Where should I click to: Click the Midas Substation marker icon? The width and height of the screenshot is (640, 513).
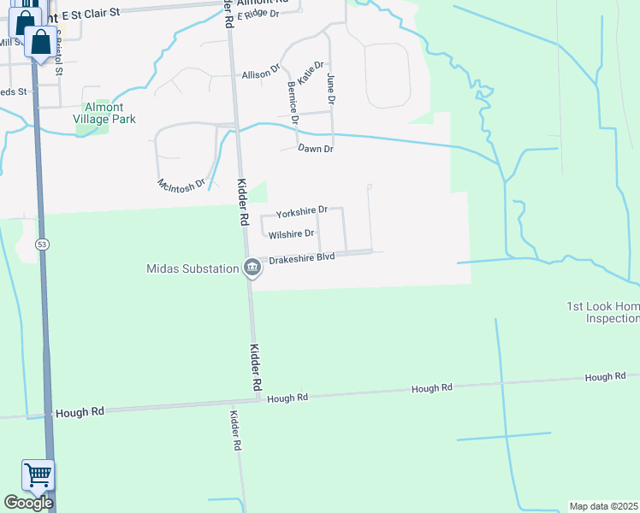coord(252,268)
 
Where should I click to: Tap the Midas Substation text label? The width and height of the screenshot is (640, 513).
coord(192,269)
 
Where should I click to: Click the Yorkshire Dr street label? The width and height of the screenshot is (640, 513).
coord(302,209)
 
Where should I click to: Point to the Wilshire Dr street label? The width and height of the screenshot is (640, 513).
coord(291,233)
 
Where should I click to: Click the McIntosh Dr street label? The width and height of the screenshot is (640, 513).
coord(182,184)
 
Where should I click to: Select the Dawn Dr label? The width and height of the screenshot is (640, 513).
coord(315,149)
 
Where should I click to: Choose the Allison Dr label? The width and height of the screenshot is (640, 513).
coord(261,75)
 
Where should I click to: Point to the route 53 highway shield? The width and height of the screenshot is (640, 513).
coord(41,245)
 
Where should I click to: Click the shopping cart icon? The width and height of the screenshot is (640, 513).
coord(38,475)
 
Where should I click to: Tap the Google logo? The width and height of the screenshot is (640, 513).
coord(28,502)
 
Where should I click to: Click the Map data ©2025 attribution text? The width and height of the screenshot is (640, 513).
coord(603,506)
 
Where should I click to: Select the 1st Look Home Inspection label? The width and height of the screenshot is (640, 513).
coord(603,312)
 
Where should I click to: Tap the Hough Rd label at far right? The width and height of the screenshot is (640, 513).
coord(605,377)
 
